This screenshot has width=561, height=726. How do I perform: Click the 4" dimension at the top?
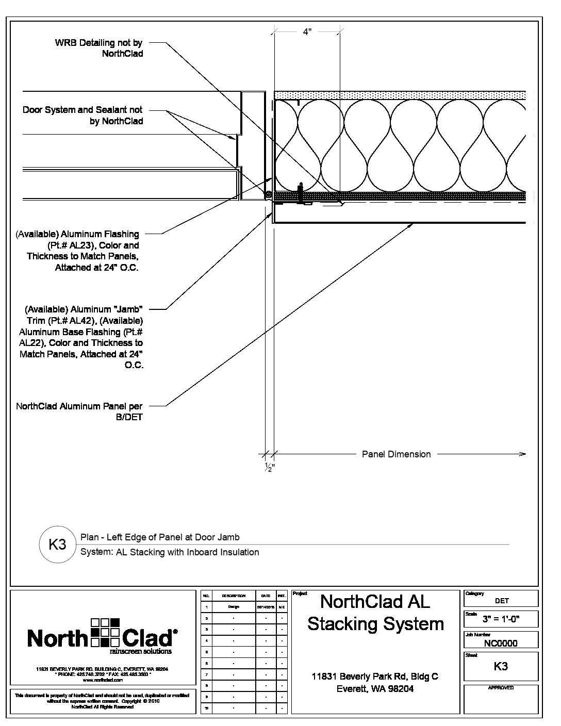pos(307,32)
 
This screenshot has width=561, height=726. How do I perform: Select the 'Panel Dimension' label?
pos(396,454)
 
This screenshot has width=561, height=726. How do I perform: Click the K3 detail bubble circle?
pos(57,544)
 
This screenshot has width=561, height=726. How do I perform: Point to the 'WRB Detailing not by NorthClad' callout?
pos(98,48)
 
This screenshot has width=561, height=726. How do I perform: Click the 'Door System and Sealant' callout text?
pos(82,115)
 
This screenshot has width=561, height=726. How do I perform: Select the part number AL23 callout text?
pos(77,251)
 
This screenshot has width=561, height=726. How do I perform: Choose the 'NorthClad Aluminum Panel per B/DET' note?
pos(79,412)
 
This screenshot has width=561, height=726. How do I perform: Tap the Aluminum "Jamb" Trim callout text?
pos(81,337)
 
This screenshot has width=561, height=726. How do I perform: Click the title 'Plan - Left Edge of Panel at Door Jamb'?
pos(160,537)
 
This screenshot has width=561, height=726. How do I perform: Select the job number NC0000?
pos(501,643)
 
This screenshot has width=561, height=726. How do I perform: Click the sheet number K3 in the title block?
pos(501,666)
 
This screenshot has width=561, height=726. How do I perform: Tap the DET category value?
pos(501,601)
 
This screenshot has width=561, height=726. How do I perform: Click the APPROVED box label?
pos(501,688)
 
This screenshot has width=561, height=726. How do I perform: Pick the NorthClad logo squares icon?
pos(105,632)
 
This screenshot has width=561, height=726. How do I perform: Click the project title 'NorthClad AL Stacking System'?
pos(375,612)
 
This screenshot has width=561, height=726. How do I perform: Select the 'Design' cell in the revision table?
pos(233,607)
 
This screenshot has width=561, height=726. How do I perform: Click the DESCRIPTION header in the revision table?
pos(233,596)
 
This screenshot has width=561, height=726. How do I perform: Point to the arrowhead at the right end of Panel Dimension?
pos(523,454)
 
